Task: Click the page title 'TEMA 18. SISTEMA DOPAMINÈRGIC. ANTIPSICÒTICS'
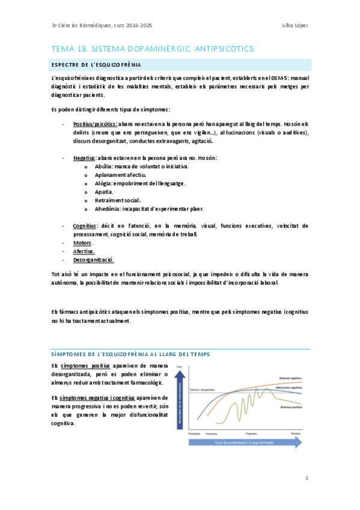pyautogui.click(x=153, y=48)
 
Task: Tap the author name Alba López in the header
pyautogui.click(x=296, y=25)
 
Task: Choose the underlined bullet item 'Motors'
pyautogui.click(x=82, y=243)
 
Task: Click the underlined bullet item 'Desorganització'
pyautogui.click(x=93, y=260)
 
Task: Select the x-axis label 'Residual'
pyautogui.click(x=296, y=433)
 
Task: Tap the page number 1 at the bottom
pyautogui.click(x=306, y=478)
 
